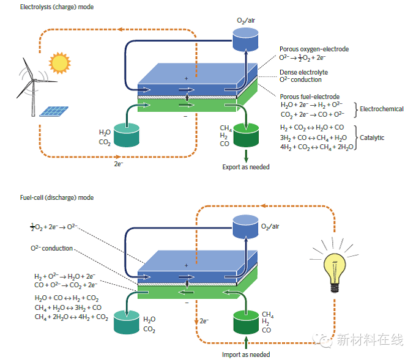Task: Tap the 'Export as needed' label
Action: click(x=245, y=166)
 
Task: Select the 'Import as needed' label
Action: click(x=245, y=354)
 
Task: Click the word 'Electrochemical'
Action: click(x=382, y=109)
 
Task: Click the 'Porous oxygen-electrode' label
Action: click(x=314, y=49)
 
